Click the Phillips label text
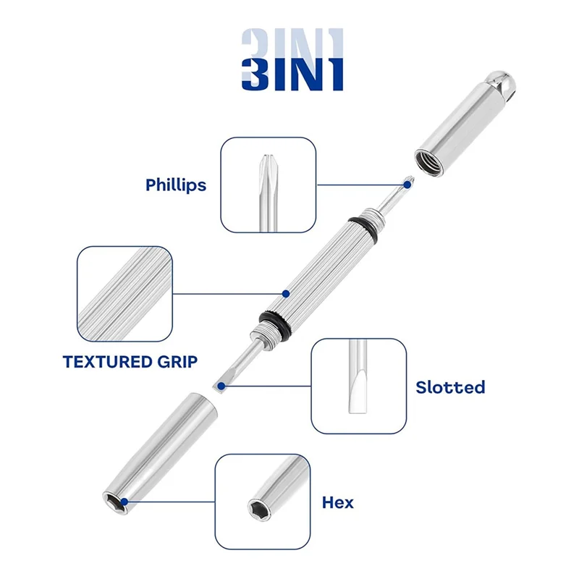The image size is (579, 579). (x=176, y=185)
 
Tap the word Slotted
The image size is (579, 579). (x=450, y=387)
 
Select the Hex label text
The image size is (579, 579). (x=337, y=502)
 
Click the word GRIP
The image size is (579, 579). (x=177, y=362)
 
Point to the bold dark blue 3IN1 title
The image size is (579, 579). (x=292, y=74)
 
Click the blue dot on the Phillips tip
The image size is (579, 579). (x=407, y=185)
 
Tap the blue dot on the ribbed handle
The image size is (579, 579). (x=285, y=294)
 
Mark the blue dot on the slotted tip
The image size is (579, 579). (x=221, y=386)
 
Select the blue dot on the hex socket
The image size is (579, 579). (x=124, y=502)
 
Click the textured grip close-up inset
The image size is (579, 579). (x=124, y=294)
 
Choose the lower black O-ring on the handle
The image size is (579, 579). (x=274, y=322)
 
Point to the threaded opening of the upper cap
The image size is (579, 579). (x=427, y=161)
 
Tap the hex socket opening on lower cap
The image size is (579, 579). (x=115, y=503)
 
